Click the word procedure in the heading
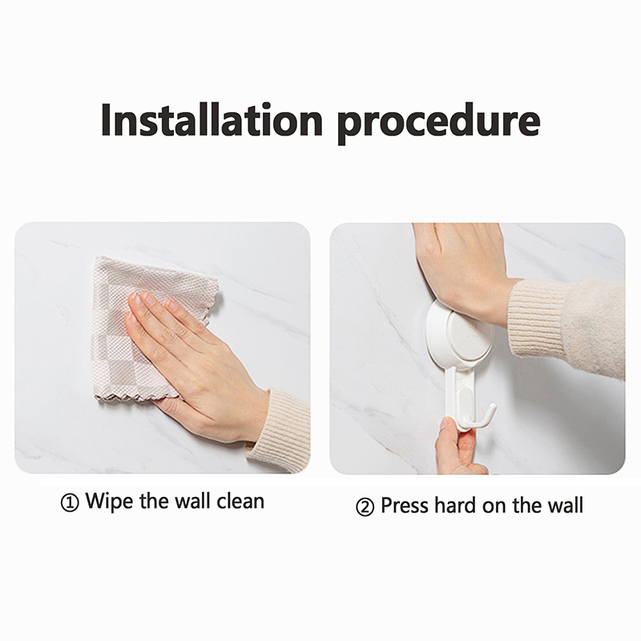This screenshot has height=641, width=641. (438, 123)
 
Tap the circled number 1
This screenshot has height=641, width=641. (70, 502)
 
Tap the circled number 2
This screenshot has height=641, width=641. (365, 507)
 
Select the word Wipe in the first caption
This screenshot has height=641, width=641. (109, 502)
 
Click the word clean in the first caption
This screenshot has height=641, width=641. (240, 502)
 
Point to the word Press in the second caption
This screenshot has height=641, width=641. (405, 506)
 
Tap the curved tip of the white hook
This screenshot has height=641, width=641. (493, 408)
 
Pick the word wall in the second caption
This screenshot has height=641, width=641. (566, 506)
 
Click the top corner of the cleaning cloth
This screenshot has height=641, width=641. (96, 257)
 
